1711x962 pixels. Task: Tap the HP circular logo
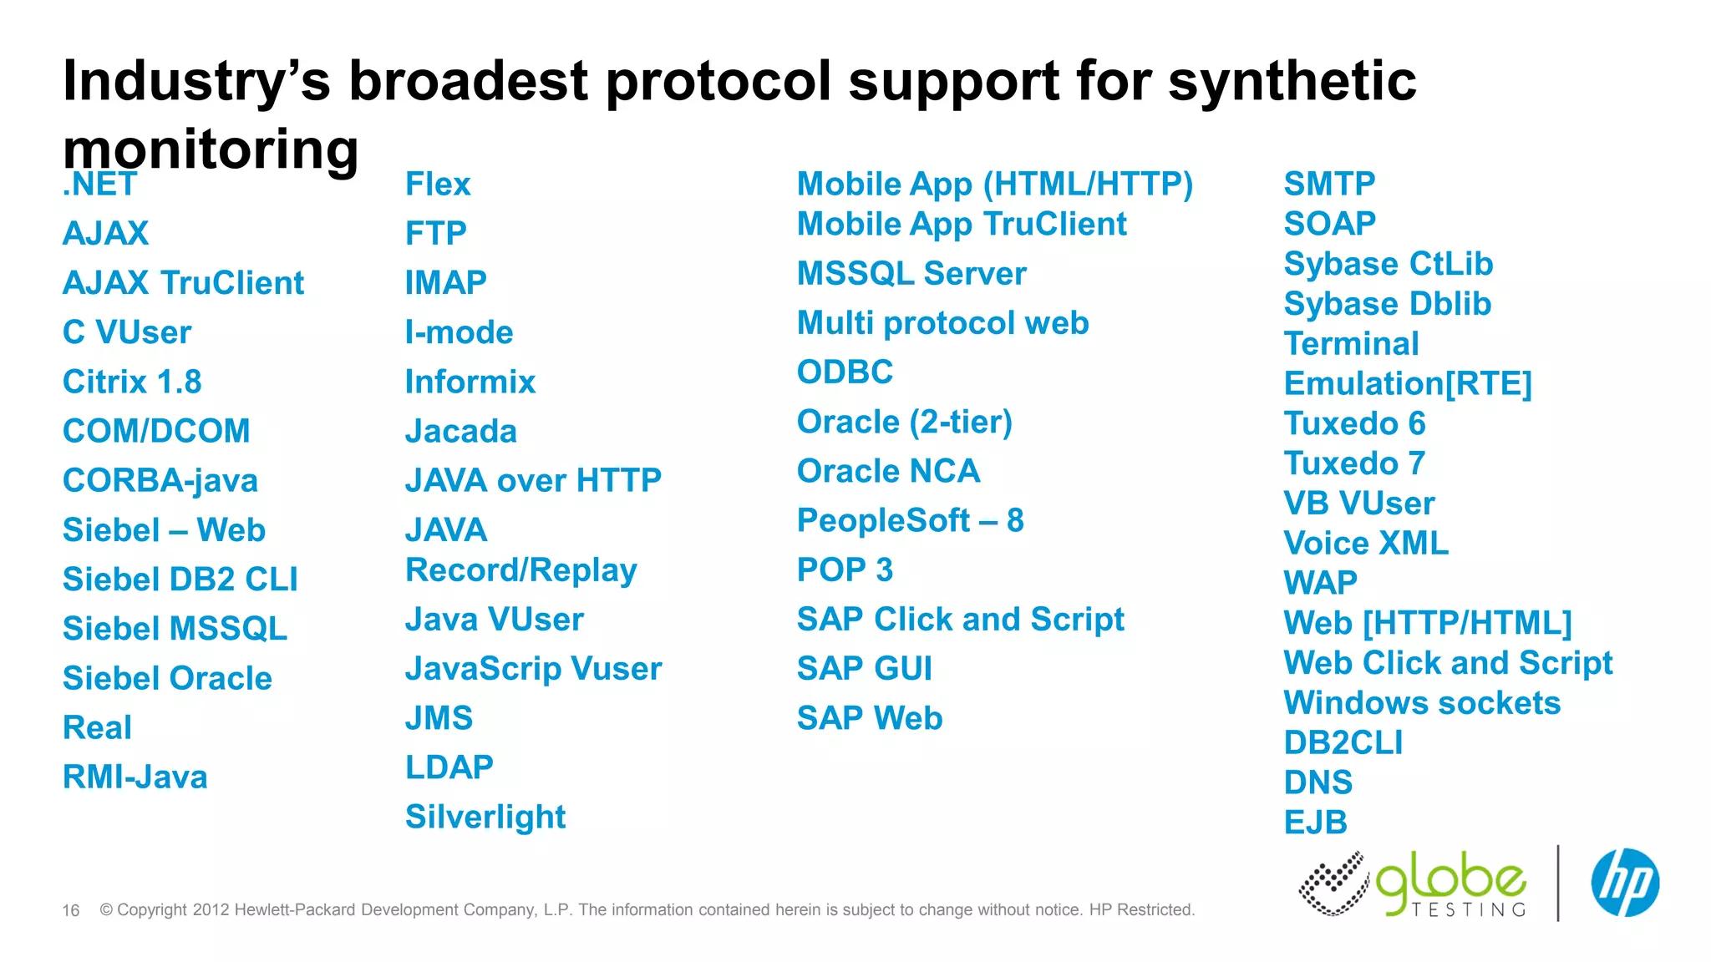1624,883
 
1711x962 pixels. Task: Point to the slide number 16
71,910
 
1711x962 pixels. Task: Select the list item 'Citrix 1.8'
132,382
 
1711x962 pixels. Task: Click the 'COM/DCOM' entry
156,431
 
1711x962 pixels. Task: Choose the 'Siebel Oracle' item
167,678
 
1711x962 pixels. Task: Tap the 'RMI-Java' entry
135,777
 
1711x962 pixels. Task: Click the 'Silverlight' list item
485,817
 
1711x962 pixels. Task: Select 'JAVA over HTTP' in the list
533,480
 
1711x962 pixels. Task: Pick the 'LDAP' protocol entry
449,767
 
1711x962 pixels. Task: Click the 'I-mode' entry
459,332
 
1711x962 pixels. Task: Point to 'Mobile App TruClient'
962,224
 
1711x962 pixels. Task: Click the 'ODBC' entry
845,372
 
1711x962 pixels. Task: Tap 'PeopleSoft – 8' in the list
910,520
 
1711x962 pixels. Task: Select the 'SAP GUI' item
864,668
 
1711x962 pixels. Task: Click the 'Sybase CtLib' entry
1388,264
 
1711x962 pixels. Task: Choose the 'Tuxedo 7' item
1353,463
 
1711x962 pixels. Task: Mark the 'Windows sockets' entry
1422,703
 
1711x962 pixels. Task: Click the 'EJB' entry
1315,823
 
